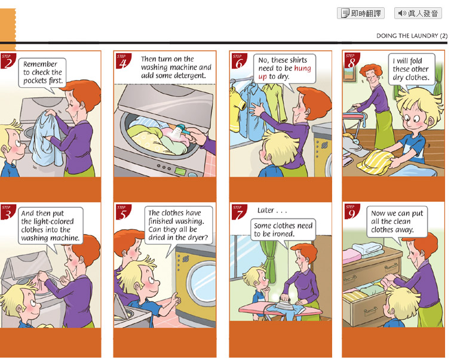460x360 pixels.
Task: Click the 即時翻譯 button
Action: tap(361, 13)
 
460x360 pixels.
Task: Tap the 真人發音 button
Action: tap(418, 13)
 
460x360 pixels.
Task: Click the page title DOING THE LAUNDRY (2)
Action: tap(412, 36)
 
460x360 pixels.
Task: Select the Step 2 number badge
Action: tap(8, 61)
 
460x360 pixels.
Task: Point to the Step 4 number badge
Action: tap(124, 61)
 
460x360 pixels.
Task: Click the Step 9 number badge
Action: tap(352, 212)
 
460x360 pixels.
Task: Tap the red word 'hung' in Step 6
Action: tap(302, 68)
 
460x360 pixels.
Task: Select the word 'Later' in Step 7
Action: tap(266, 210)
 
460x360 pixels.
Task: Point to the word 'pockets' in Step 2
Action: tap(35, 81)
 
